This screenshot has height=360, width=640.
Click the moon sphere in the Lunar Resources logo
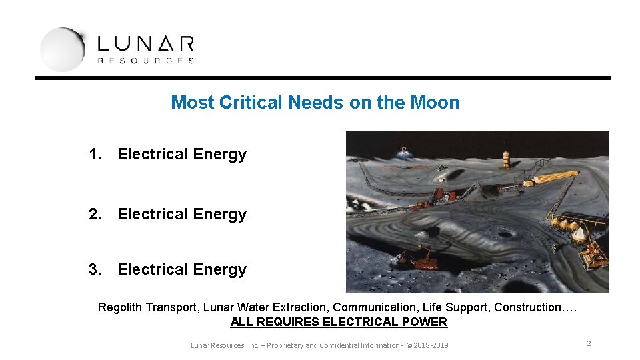pyautogui.click(x=62, y=49)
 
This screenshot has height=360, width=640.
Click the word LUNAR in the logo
pyautogui.click(x=145, y=44)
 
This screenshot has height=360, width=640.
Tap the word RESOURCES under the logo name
pyautogui.click(x=145, y=61)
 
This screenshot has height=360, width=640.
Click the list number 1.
pyautogui.click(x=95, y=154)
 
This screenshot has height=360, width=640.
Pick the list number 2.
pyautogui.click(x=95, y=214)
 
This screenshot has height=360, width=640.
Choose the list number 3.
pyautogui.click(x=95, y=269)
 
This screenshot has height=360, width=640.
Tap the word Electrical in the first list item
pyautogui.click(x=153, y=154)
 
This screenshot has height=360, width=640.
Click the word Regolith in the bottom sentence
pyautogui.click(x=120, y=307)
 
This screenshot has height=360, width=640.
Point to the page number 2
pyautogui.click(x=589, y=343)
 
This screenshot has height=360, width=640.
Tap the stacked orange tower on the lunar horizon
pyautogui.click(x=506, y=158)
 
